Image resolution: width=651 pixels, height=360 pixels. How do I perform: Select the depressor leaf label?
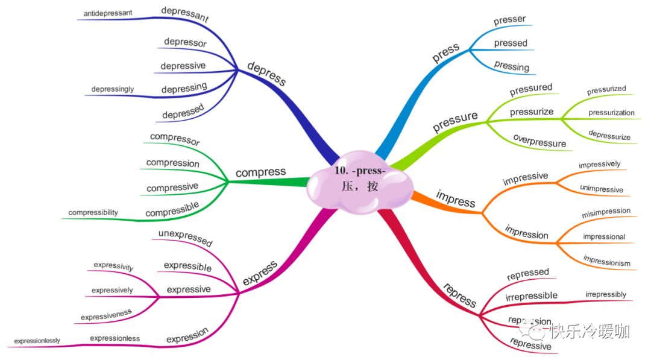pyautogui.click(x=185, y=43)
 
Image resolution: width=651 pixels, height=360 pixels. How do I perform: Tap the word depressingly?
pyautogui.click(x=113, y=89)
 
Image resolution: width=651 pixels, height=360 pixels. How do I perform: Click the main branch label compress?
pyautogui.click(x=260, y=172)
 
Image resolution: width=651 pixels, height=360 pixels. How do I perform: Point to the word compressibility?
pyautogui.click(x=93, y=212)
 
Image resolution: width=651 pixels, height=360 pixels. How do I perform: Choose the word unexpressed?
pyautogui.click(x=185, y=238)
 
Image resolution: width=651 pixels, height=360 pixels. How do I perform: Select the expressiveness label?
pyautogui.click(x=106, y=314)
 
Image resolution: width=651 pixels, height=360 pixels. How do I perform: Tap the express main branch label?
pyautogui.click(x=259, y=273)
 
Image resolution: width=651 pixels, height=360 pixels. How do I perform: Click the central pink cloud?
pyautogui.click(x=360, y=180)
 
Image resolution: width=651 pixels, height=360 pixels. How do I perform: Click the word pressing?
pyautogui.click(x=511, y=66)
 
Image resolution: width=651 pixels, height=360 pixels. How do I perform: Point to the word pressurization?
pyautogui.click(x=611, y=112)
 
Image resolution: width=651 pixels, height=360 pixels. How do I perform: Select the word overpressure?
pyautogui.click(x=539, y=141)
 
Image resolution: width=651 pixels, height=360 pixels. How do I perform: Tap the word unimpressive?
pyautogui.click(x=601, y=189)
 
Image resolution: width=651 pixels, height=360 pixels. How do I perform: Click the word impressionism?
pyautogui.click(x=606, y=261)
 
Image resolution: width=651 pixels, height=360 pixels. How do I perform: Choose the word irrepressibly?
pyautogui.click(x=605, y=294)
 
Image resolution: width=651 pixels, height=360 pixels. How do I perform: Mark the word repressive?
pyautogui.click(x=530, y=344)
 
